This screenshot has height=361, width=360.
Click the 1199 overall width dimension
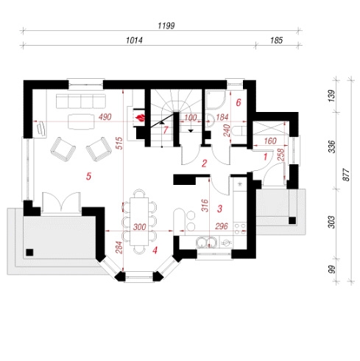click(166, 26)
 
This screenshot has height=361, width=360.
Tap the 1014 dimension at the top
click(134, 41)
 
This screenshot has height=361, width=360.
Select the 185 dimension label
click(277, 41)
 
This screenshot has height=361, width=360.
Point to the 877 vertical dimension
click(346, 175)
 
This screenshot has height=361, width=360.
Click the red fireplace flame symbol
click(141, 118)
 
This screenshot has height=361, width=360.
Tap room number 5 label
click(88, 176)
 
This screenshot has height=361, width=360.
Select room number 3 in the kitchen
click(219, 208)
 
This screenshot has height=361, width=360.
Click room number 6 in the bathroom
click(239, 102)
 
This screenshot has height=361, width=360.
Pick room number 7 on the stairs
click(166, 130)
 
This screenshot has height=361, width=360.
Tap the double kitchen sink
click(207, 242)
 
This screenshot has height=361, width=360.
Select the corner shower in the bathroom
click(215, 99)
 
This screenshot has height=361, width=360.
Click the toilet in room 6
click(239, 131)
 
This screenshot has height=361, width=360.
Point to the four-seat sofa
click(81, 101)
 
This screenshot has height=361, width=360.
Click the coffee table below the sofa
click(81, 122)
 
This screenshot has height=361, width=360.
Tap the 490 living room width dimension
click(105, 117)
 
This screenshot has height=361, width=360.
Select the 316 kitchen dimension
click(205, 206)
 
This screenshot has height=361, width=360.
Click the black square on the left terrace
click(29, 253)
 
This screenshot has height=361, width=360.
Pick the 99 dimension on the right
click(331, 270)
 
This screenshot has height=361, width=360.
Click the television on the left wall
click(40, 127)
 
